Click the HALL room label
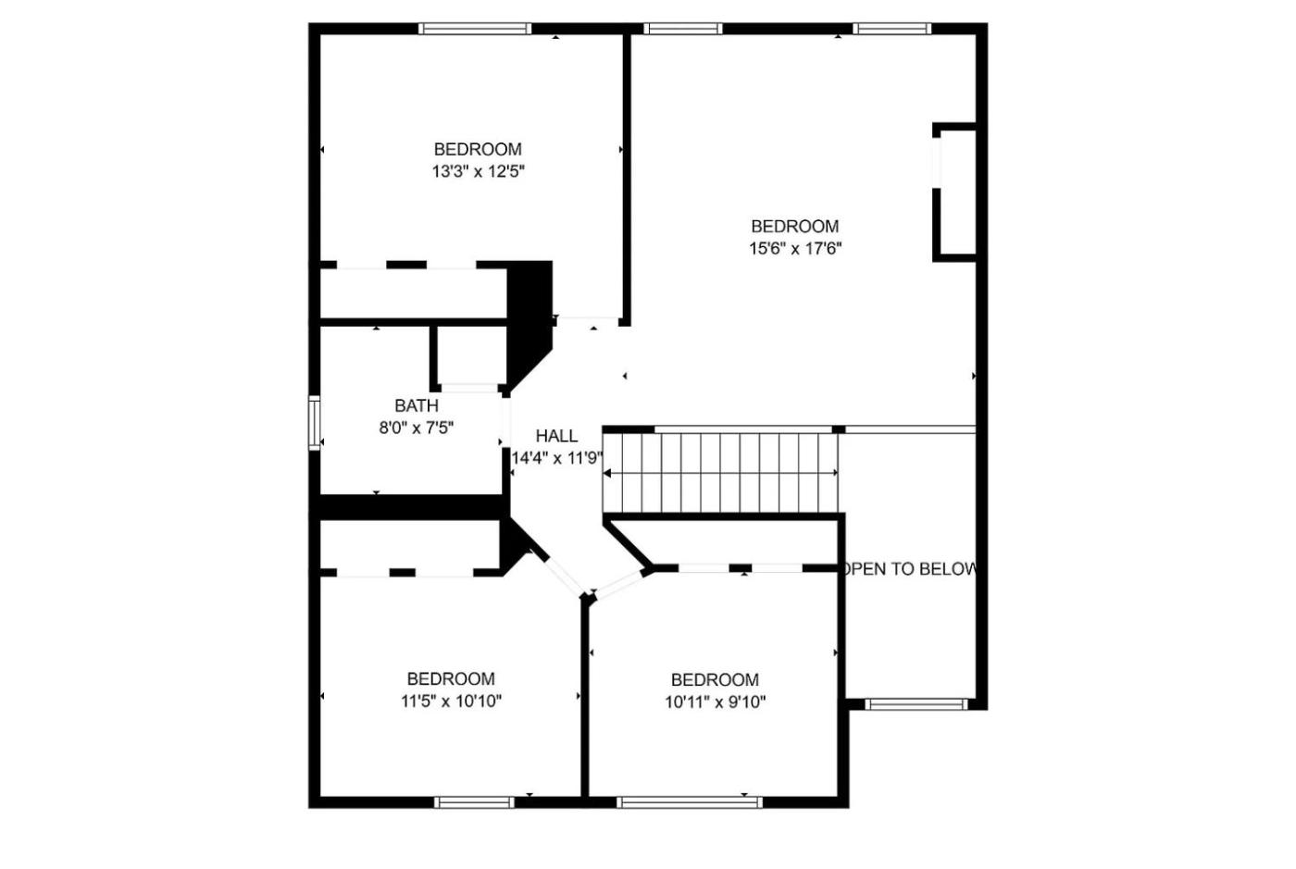556,436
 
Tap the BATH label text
416,405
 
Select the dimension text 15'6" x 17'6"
795,249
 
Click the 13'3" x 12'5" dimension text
478,172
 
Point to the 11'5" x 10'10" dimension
452,701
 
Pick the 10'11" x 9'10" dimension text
715,702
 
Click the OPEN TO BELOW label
909,569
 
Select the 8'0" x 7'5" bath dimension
416,428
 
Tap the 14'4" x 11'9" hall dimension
557,458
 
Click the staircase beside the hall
720,473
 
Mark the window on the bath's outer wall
314,423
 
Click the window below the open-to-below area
916,704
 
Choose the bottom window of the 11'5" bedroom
474,802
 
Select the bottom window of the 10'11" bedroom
690,802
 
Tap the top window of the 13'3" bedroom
475,29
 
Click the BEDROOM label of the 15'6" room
795,226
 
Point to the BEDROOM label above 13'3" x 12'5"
478,149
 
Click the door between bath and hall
506,422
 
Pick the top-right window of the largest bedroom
891,29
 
